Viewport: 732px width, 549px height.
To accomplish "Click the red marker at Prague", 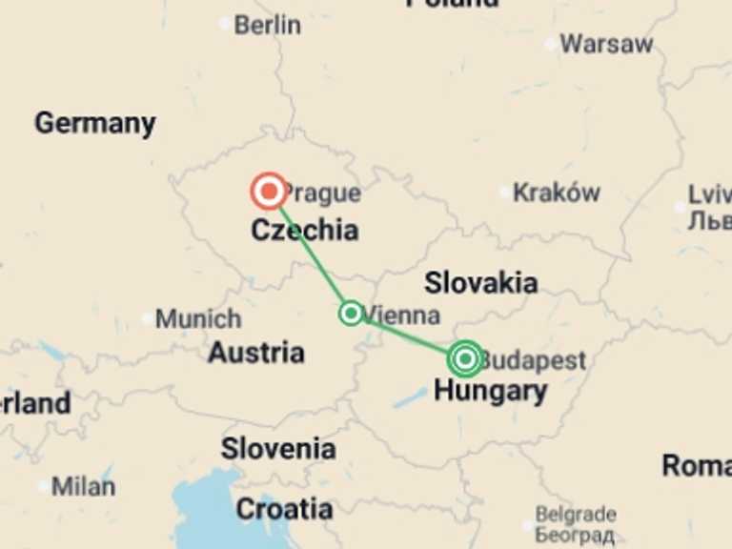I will [269, 192].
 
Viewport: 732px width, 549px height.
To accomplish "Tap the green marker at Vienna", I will [351, 313].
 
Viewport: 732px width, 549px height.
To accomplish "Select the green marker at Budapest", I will [465, 358].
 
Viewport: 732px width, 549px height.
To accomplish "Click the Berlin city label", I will [267, 25].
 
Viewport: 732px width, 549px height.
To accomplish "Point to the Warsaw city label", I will [606, 44].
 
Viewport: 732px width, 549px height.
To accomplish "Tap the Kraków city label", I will [557, 193].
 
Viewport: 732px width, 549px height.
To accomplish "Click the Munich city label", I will [198, 318].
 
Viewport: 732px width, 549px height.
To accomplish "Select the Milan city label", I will [83, 486].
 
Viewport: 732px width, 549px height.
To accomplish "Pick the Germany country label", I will [94, 123].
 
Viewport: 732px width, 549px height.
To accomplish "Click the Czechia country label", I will [305, 231].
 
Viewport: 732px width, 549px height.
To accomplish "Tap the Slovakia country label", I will [480, 282].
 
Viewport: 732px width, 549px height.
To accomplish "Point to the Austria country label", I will [256, 353].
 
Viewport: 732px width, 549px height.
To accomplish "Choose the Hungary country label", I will [490, 391].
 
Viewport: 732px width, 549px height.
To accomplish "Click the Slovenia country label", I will [278, 448].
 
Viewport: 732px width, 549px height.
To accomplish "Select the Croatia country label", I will [284, 510].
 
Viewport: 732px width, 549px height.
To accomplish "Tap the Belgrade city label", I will [575, 516].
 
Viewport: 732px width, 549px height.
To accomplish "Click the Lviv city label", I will [709, 194].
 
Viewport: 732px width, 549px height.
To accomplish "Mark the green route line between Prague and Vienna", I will [311, 254].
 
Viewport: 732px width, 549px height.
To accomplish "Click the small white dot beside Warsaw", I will [550, 44].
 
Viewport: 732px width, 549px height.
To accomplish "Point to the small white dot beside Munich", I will [146, 319].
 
